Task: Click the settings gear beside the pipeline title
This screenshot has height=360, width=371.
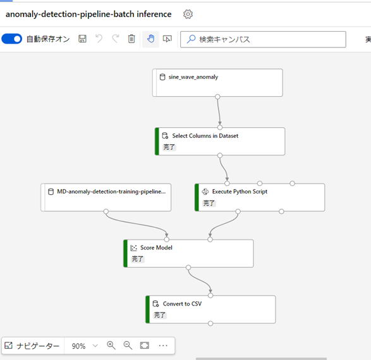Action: (x=188, y=14)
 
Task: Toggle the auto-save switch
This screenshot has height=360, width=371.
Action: (x=11, y=39)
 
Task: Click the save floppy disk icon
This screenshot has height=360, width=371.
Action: (x=82, y=39)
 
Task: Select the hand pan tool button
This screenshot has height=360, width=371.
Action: (x=150, y=39)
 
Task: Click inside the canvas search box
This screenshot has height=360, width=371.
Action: (x=263, y=39)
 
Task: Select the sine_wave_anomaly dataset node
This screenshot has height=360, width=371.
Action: (x=217, y=82)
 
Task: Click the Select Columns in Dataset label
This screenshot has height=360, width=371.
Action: (x=205, y=135)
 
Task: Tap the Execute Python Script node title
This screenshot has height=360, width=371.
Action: (x=240, y=191)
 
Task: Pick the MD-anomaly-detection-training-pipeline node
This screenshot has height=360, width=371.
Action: (x=106, y=197)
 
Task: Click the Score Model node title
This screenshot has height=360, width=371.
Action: (x=156, y=247)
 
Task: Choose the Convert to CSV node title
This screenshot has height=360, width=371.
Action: (x=182, y=304)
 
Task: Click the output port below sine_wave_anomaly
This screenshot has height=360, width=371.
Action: (x=217, y=97)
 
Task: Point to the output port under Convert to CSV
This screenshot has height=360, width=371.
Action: (x=210, y=323)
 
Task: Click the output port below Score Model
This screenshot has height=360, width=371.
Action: (x=188, y=268)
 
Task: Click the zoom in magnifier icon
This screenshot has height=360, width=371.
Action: (x=111, y=345)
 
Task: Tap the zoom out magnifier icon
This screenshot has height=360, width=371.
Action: (x=128, y=345)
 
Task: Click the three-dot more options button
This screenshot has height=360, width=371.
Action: (x=163, y=345)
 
